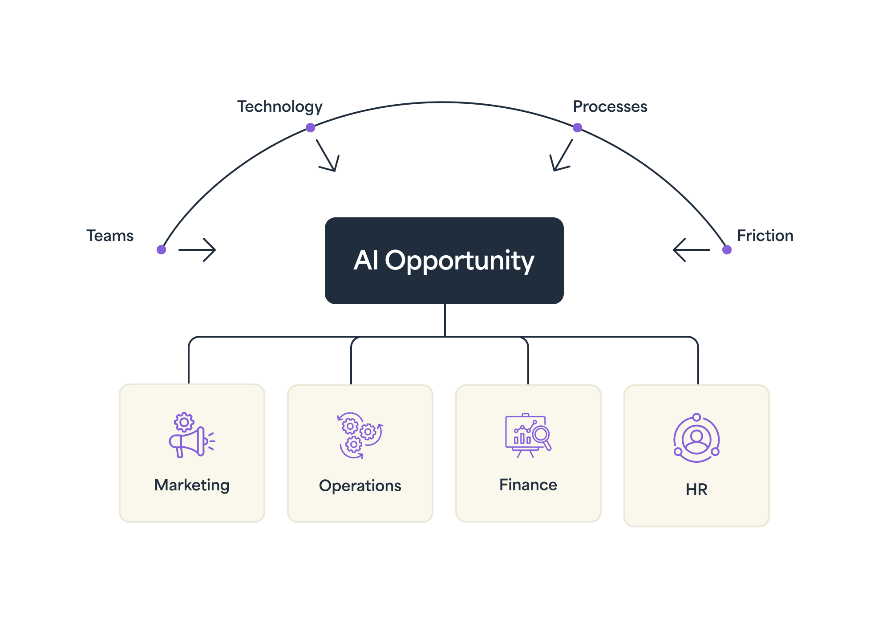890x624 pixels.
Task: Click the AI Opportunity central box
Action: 444,261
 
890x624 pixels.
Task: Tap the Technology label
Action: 279,107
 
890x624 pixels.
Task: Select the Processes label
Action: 610,107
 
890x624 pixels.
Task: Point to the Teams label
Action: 110,236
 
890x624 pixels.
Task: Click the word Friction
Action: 765,236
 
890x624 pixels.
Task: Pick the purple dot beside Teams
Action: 162,249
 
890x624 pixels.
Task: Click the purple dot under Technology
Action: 311,128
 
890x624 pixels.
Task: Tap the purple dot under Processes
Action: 577,128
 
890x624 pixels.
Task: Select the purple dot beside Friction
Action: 727,249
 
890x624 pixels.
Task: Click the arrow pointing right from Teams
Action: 197,250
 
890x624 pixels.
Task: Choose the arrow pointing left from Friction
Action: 692,250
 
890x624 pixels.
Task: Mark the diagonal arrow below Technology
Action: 328,156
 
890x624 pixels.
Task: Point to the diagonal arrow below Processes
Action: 561,156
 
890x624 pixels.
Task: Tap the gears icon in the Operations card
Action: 360,436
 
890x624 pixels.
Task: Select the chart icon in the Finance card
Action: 528,436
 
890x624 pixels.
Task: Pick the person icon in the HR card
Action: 696,438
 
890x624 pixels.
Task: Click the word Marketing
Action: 192,485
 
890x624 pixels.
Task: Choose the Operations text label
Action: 360,485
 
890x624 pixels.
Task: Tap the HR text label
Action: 696,489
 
